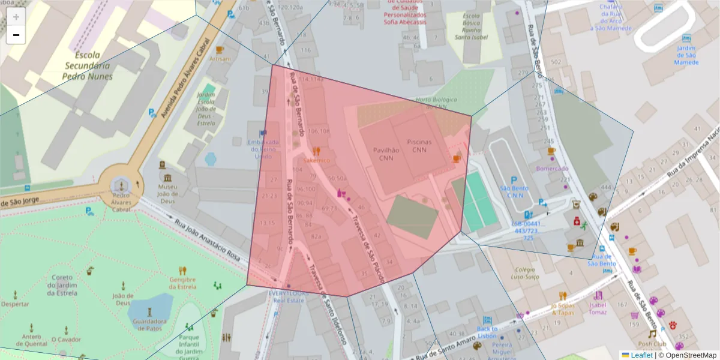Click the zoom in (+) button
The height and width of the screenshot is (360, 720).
[16, 17]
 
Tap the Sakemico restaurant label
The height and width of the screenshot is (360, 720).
[316, 161]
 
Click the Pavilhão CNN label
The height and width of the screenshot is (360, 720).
[386, 154]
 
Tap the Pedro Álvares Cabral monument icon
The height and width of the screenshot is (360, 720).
[122, 183]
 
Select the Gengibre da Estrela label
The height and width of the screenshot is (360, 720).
[182, 283]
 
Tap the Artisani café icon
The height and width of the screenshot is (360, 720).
[220, 50]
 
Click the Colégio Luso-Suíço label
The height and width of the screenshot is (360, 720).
[524, 274]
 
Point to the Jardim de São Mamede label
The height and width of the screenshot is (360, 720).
[685, 55]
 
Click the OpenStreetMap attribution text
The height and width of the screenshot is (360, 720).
[687, 355]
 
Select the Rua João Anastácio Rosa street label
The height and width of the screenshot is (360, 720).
[207, 239]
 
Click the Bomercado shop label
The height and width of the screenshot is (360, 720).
[552, 169]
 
